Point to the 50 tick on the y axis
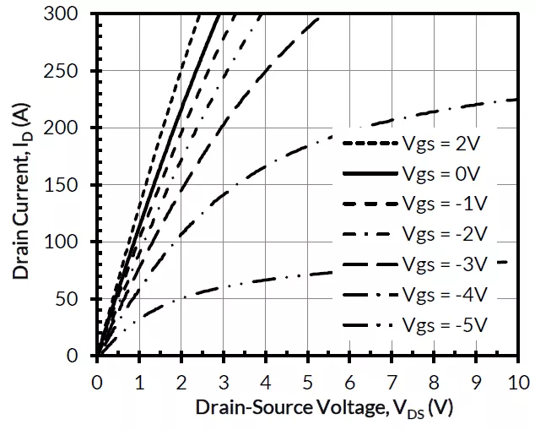click(74, 299)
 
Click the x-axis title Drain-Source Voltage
click(324, 408)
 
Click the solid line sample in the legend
click(366, 173)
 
